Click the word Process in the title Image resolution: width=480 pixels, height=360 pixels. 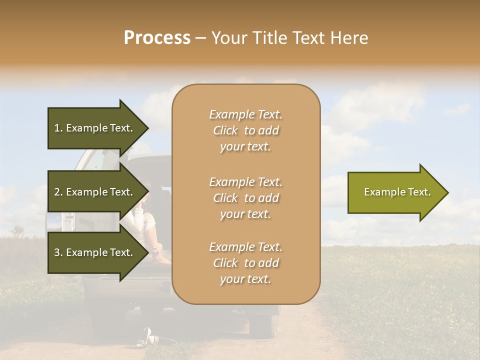pos(157,38)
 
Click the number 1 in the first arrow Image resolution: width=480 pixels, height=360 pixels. pos(57,128)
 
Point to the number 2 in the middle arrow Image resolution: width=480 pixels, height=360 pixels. pos(57,192)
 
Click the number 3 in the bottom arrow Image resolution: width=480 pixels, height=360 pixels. pos(57,252)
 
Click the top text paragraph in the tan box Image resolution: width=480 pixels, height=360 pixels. pos(245,130)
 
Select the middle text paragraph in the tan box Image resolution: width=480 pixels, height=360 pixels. pos(245,198)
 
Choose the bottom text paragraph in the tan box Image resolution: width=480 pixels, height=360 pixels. pos(245,263)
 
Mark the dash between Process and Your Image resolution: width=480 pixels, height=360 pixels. pos(201,38)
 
